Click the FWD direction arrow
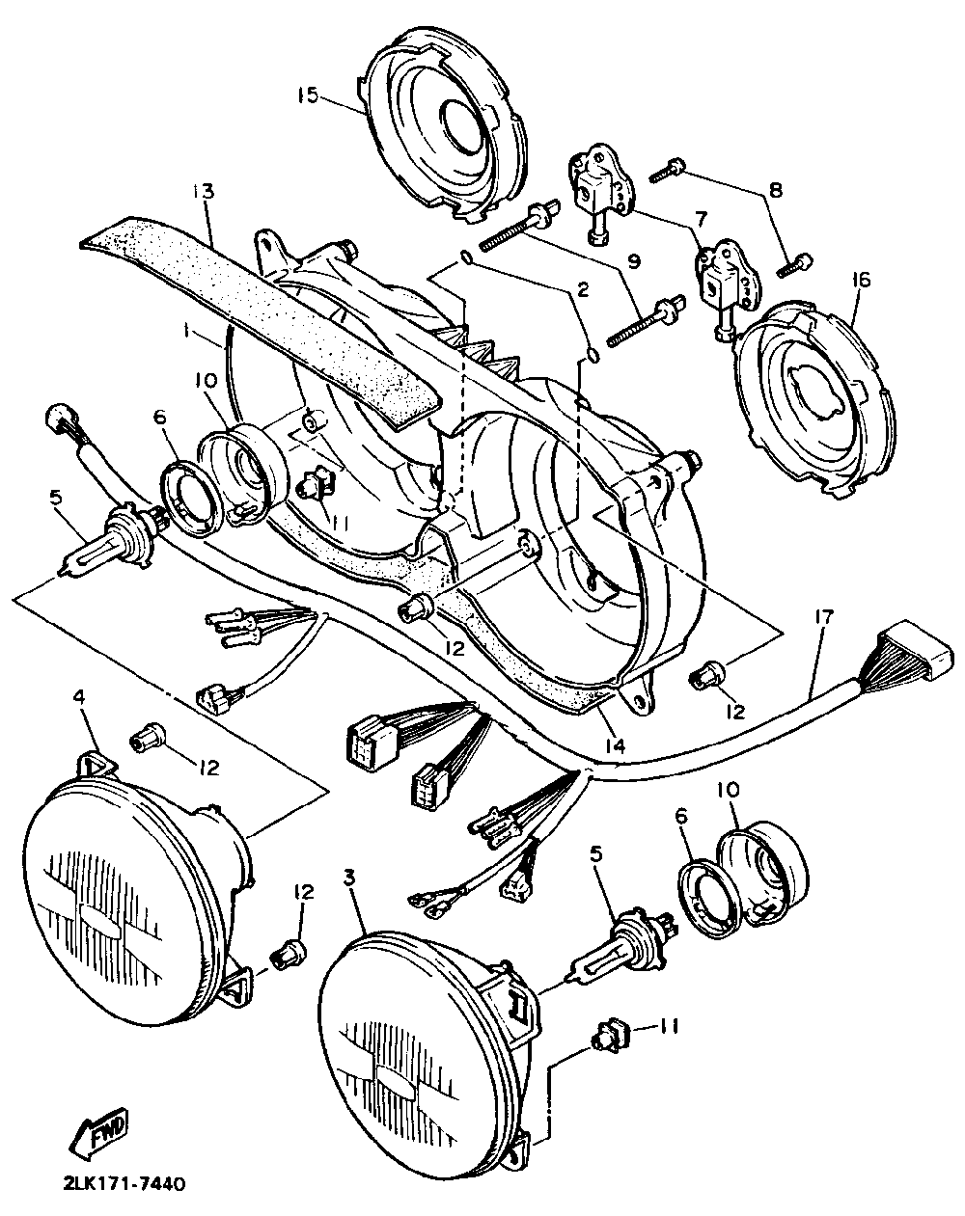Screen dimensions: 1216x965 (x=100, y=1139)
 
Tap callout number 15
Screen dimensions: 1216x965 (x=307, y=95)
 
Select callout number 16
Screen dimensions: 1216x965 (x=861, y=281)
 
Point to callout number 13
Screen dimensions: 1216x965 (x=203, y=191)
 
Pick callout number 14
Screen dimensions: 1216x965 (x=615, y=745)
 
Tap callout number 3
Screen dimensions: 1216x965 (x=350, y=877)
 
